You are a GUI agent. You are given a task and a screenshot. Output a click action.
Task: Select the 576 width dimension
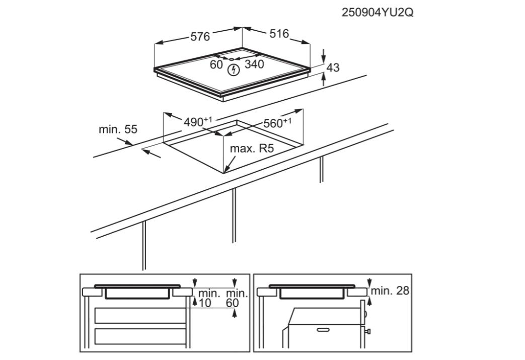pyautogui.click(x=199, y=36)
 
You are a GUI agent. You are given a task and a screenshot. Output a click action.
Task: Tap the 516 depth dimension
pyautogui.click(x=279, y=34)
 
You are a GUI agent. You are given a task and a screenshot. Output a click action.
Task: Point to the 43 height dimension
pyautogui.click(x=333, y=67)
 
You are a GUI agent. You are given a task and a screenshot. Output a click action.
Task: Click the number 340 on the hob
pyautogui.click(x=255, y=64)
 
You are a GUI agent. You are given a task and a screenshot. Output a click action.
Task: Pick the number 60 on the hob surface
pyautogui.click(x=216, y=64)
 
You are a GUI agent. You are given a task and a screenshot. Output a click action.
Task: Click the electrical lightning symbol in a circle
pyautogui.click(x=233, y=70)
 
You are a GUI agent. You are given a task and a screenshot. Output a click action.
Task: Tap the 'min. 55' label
pyautogui.click(x=118, y=129)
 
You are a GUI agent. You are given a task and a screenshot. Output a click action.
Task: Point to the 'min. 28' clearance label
pyautogui.click(x=391, y=291)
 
